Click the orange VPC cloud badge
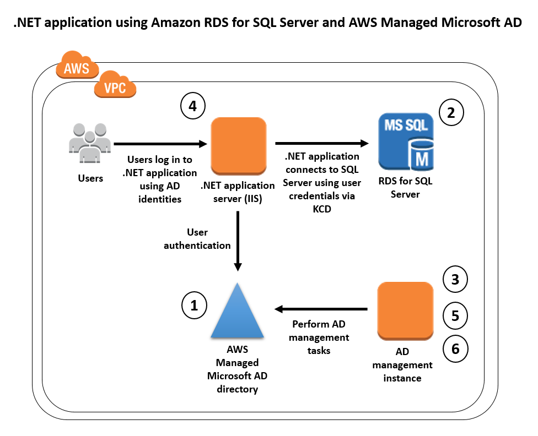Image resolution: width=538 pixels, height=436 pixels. (x=115, y=86)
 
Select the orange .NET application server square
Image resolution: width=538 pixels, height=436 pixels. (x=239, y=145)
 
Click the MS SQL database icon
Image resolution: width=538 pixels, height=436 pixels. (x=406, y=142)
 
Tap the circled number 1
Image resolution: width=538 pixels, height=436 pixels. (x=194, y=306)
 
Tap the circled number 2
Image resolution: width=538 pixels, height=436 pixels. (x=451, y=113)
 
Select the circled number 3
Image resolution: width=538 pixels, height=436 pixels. (x=455, y=280)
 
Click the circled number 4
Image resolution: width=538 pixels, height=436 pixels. (x=192, y=107)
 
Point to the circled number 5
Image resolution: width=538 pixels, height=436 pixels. (x=455, y=315)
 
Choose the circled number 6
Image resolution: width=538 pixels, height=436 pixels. (x=455, y=348)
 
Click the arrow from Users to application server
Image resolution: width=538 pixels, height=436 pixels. (x=160, y=144)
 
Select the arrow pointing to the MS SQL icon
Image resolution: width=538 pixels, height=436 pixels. (x=322, y=144)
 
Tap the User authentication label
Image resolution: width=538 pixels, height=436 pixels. (x=197, y=239)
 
